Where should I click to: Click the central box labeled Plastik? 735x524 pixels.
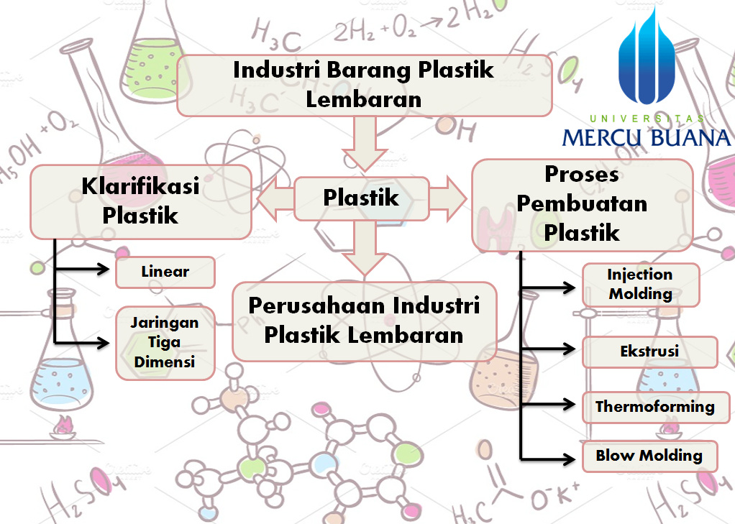[x=362, y=198]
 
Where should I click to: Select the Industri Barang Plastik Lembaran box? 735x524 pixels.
[x=364, y=85]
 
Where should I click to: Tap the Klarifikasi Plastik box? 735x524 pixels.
[x=140, y=202]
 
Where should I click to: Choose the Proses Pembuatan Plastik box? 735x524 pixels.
[x=582, y=204]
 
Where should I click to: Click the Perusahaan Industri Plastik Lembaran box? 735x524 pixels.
[x=364, y=321]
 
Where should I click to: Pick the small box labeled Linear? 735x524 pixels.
[x=165, y=272]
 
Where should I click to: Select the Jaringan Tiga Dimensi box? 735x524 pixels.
[x=165, y=342]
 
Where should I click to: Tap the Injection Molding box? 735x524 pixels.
[x=640, y=285]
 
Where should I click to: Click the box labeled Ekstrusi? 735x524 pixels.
[x=649, y=352]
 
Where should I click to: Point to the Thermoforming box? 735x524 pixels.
[x=654, y=408]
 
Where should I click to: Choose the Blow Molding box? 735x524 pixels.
[x=649, y=456]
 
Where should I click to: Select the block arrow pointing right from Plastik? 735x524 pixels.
[x=449, y=199]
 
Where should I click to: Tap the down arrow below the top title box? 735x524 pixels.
[x=364, y=144]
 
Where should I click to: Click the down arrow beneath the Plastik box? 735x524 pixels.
[x=364, y=248]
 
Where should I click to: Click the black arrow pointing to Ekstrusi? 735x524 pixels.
[x=550, y=349]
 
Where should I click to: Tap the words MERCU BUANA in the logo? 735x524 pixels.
[x=646, y=137]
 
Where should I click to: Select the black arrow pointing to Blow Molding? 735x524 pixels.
[x=550, y=457]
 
